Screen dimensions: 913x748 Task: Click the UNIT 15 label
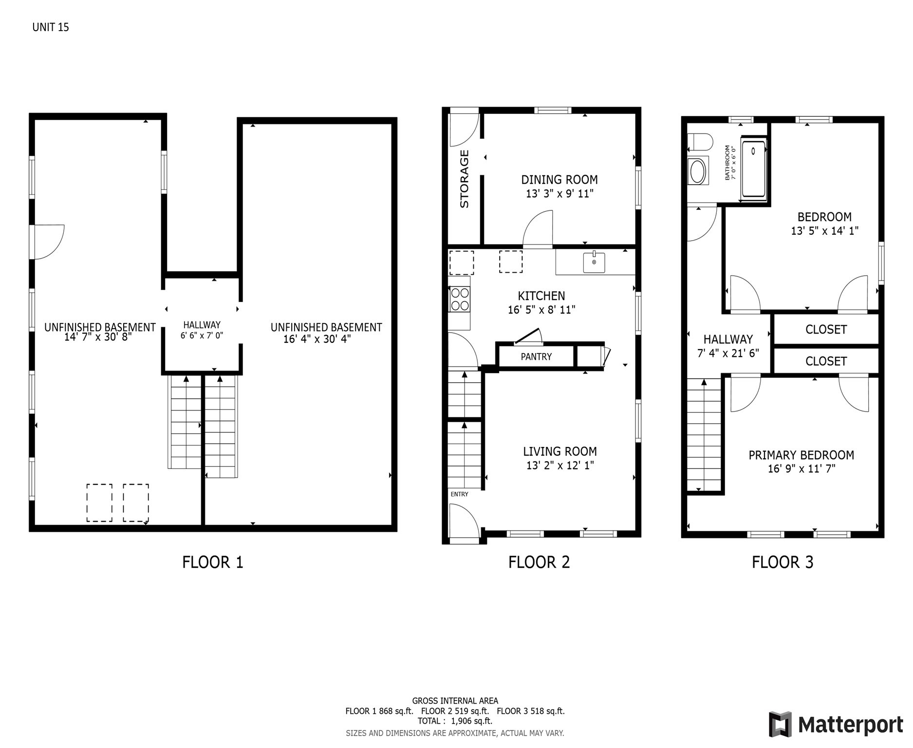(x=51, y=27)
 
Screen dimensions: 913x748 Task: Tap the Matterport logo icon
(x=781, y=724)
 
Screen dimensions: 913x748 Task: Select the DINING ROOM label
(x=559, y=180)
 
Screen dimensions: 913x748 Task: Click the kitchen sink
(x=594, y=262)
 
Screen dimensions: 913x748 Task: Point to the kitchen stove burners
(x=460, y=299)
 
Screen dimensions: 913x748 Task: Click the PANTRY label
(x=536, y=356)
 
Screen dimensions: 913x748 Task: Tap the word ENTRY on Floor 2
(x=459, y=494)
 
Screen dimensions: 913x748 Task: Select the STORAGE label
(x=464, y=179)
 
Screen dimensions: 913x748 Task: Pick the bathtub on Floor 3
(x=753, y=169)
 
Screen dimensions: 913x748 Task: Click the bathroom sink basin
(x=698, y=171)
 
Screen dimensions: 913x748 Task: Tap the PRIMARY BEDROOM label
(x=801, y=455)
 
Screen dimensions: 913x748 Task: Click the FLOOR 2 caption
(x=539, y=562)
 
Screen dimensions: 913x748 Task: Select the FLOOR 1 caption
(x=213, y=562)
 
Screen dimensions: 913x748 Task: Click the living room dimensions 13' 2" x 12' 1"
(x=560, y=466)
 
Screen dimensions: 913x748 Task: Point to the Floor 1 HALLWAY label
(x=202, y=325)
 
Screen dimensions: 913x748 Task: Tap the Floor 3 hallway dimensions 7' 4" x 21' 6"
(x=728, y=354)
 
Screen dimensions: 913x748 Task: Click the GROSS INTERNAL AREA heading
(x=455, y=701)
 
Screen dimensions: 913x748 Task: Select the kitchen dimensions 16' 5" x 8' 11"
(x=541, y=310)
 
